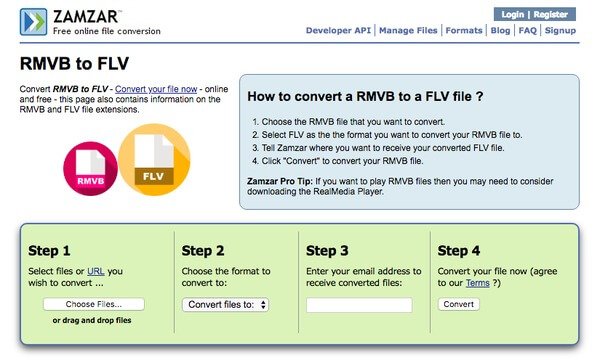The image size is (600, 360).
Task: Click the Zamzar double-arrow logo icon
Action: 33,22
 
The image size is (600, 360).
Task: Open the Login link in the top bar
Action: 513,15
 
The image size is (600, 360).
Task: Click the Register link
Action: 551,15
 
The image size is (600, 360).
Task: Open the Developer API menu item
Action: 338,31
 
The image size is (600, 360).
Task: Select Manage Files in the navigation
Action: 408,31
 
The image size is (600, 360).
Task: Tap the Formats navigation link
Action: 464,31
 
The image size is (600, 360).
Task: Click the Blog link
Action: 501,31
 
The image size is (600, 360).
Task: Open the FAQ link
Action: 528,31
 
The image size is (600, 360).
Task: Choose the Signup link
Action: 560,31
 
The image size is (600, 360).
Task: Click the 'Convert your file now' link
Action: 156,89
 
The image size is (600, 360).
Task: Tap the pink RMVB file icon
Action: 90,169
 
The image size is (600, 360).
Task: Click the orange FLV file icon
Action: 154,160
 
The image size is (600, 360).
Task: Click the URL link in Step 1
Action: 96,271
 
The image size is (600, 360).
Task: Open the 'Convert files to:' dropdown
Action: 225,305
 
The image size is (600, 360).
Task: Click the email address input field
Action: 359,305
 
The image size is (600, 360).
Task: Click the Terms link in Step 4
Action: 478,283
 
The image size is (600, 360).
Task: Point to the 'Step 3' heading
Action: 327,251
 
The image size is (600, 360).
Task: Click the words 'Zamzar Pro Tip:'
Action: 280,181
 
